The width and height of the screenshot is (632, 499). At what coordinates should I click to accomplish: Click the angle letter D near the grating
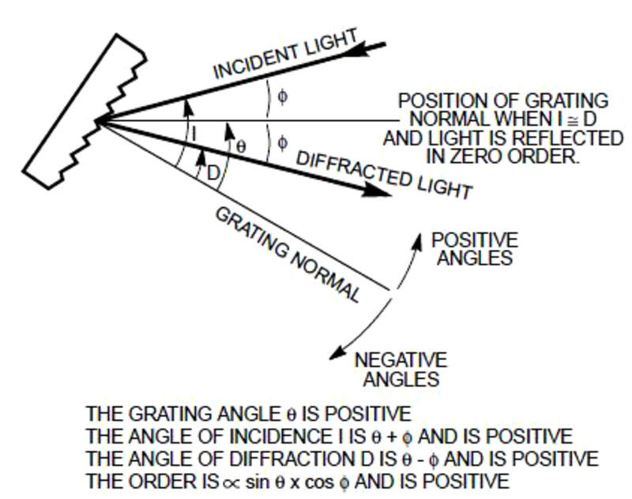(212, 172)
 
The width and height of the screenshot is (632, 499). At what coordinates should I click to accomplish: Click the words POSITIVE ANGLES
(474, 248)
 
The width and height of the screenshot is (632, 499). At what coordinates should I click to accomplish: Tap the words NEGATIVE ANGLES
(400, 369)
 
